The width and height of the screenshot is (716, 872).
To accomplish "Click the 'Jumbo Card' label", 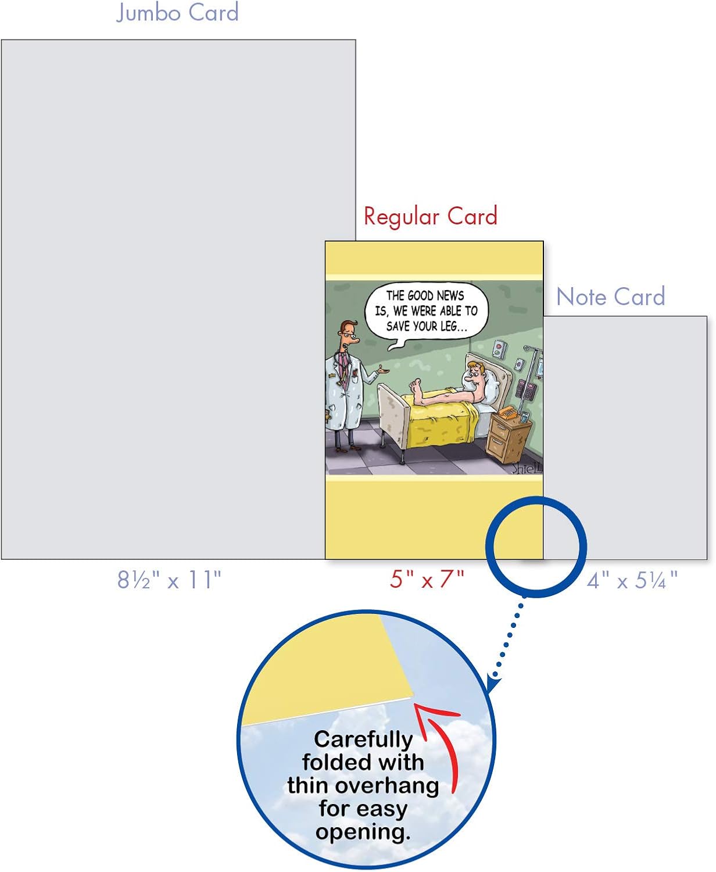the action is [x=177, y=12].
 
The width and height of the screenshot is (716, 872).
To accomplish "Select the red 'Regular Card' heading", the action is [x=430, y=216].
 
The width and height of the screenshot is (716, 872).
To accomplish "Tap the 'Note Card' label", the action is [x=611, y=296].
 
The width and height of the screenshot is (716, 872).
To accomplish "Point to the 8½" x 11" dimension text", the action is [x=169, y=580].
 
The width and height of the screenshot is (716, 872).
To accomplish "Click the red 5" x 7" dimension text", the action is [x=427, y=579].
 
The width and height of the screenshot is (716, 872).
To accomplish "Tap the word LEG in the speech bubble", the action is [x=449, y=326].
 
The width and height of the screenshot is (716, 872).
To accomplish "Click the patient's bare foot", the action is [x=416, y=389].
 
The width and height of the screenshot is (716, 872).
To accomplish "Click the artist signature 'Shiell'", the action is [x=527, y=468].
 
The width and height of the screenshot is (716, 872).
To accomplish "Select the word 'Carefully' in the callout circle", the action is [x=363, y=740].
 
